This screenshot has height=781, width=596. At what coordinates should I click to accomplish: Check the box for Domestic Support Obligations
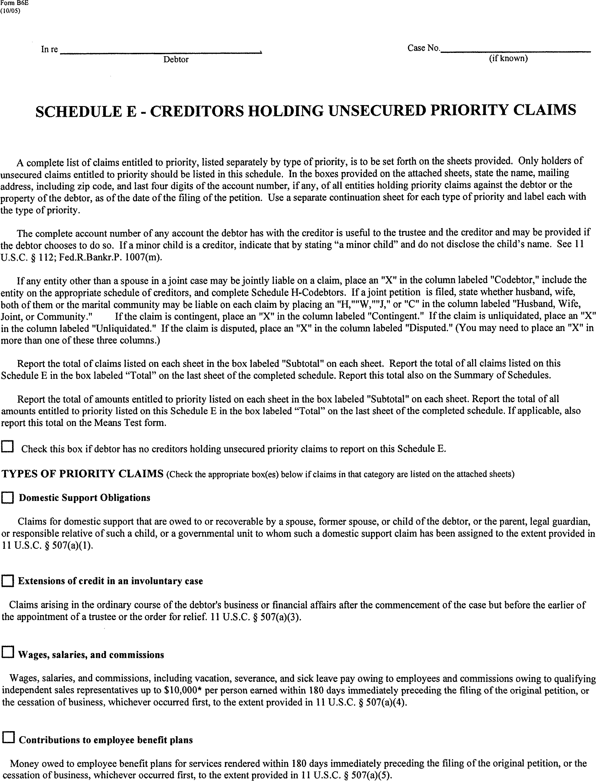tap(7, 498)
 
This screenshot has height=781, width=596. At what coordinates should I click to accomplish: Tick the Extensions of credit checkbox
tap(7, 581)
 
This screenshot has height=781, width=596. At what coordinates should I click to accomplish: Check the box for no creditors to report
tap(7, 447)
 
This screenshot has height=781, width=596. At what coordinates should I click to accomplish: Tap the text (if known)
tap(508, 58)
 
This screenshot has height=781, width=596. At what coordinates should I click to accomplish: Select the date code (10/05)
tap(11, 11)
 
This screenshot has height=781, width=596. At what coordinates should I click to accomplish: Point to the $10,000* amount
tap(183, 690)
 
